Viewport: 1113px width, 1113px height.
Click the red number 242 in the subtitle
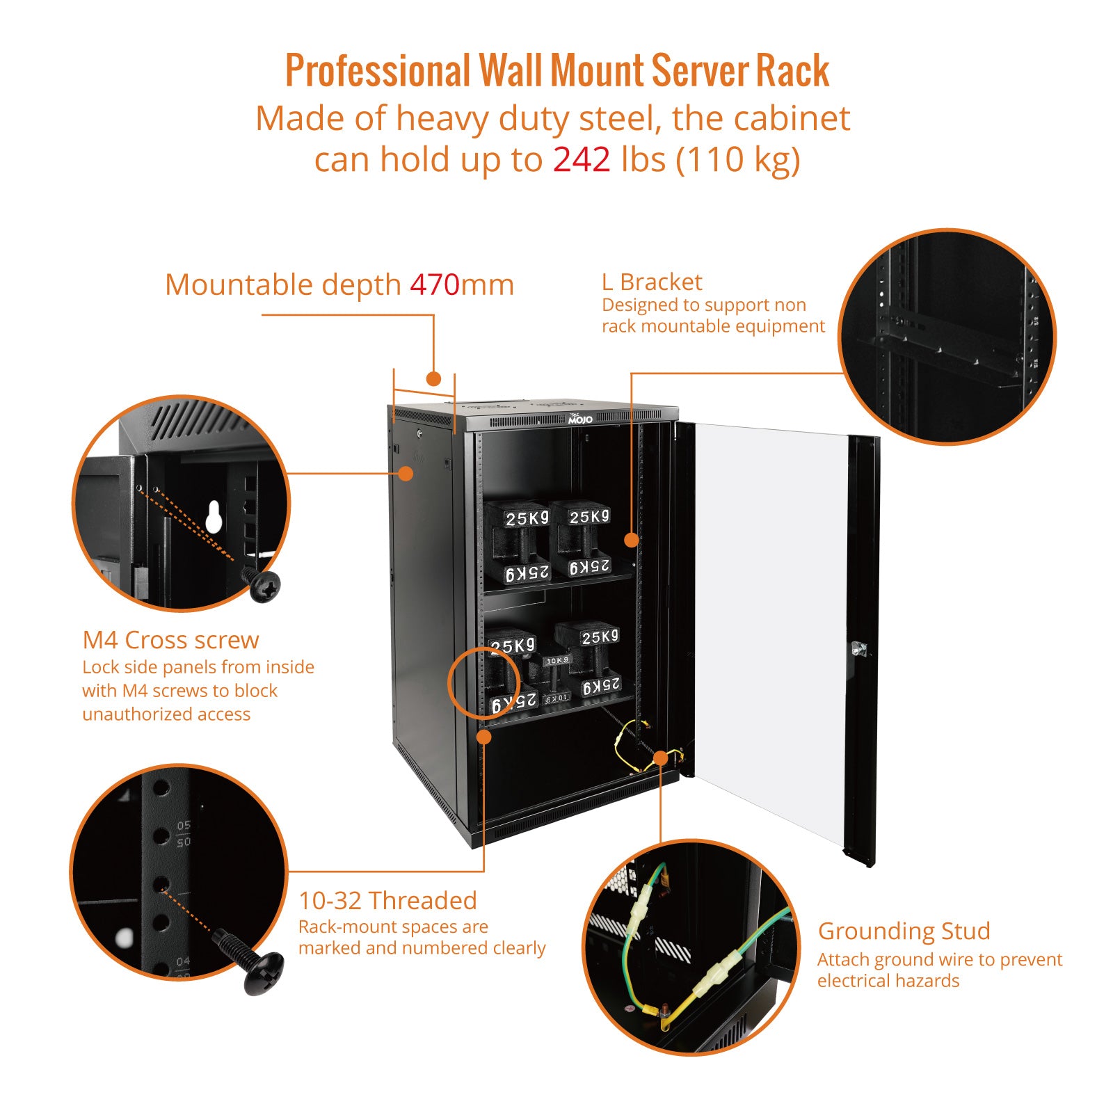(x=582, y=160)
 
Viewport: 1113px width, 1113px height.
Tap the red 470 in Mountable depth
(x=434, y=285)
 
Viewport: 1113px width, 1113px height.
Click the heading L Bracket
(x=652, y=282)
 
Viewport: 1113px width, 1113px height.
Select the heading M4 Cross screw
(x=170, y=640)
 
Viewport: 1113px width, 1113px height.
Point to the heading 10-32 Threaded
(x=387, y=901)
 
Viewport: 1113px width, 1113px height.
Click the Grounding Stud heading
(x=904, y=931)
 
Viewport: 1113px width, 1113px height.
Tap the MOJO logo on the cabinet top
(x=580, y=419)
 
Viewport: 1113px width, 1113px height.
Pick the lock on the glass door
(x=859, y=649)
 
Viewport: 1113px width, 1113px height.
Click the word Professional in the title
(x=378, y=71)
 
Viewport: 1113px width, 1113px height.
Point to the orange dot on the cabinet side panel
(x=406, y=474)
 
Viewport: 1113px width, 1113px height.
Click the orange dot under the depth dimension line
(x=433, y=379)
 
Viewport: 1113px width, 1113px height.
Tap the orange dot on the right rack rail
(x=631, y=540)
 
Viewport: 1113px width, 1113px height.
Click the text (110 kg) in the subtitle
(x=738, y=160)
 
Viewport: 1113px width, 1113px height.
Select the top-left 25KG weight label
(x=527, y=519)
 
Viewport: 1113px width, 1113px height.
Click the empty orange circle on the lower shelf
(x=483, y=682)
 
